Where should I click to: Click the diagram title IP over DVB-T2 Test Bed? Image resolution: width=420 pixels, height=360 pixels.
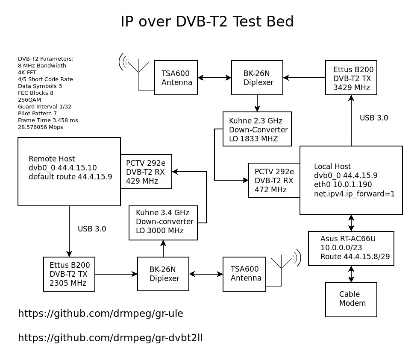(x=207, y=22)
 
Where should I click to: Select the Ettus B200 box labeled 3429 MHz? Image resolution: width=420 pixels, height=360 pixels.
(x=351, y=78)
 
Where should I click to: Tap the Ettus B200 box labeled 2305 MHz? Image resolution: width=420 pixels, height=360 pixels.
(x=69, y=274)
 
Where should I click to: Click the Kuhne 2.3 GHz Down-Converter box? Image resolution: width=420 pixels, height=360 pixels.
(x=257, y=129)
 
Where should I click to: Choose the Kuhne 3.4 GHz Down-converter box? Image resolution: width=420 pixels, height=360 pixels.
(x=163, y=222)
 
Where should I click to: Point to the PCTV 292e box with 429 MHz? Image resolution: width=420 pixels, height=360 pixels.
(x=146, y=172)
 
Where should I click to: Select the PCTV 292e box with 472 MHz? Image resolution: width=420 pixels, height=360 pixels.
(x=274, y=180)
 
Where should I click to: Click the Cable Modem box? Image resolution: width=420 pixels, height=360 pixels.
(x=351, y=299)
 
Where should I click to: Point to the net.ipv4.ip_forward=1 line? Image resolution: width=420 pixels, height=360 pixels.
(x=354, y=193)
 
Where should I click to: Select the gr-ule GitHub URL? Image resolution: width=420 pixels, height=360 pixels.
(x=100, y=314)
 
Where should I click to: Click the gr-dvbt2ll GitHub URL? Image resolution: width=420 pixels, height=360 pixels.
(x=110, y=338)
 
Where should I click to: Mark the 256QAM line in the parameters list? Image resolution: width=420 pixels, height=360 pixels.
(x=29, y=100)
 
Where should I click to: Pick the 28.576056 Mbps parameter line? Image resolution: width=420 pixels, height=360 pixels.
(x=40, y=127)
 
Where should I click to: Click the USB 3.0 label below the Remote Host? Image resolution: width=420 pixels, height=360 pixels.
(x=92, y=229)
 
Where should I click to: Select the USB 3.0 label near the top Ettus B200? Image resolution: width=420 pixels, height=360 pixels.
(x=374, y=118)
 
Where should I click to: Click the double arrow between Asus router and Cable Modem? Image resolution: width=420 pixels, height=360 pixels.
(x=351, y=274)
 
